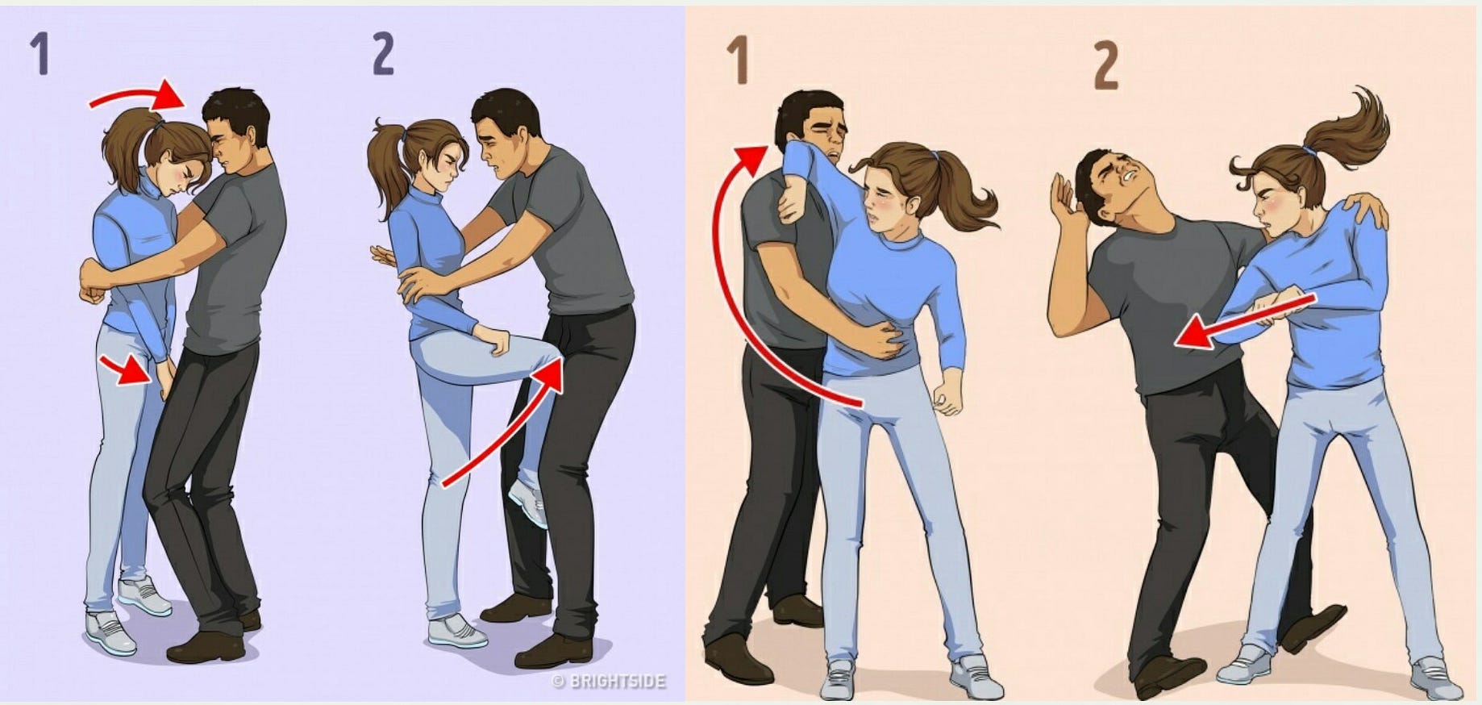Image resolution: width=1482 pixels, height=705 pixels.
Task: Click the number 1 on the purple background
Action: [40, 55]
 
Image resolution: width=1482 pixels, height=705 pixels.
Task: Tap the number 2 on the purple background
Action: [384, 55]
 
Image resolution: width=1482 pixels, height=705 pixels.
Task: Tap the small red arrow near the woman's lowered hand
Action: [126, 370]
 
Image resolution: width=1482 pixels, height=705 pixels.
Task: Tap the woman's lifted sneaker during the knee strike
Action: [527, 500]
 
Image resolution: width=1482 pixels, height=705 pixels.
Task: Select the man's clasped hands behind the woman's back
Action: [95, 282]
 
